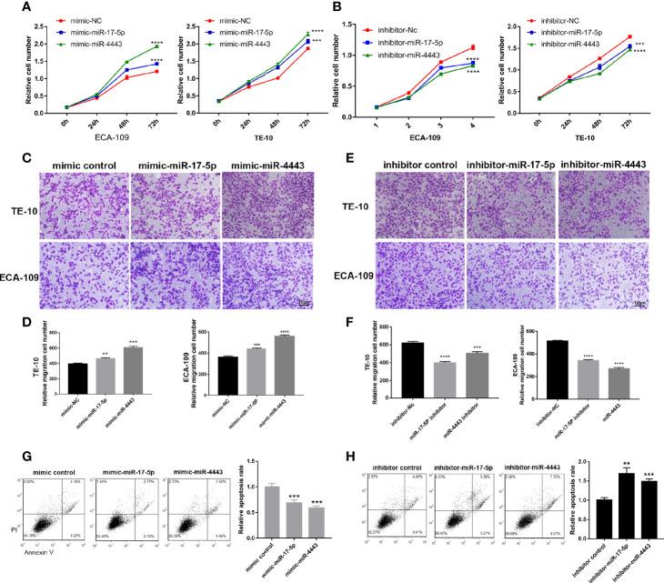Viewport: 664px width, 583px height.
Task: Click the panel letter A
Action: coord(12,7)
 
